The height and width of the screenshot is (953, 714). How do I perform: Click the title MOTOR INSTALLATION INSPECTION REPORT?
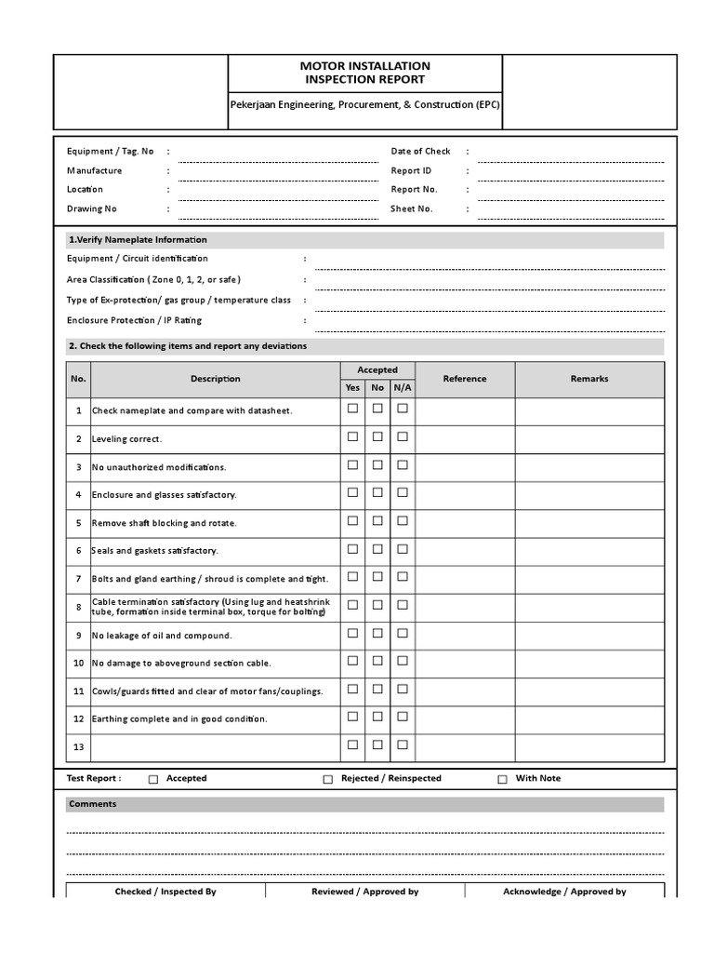coord(364,73)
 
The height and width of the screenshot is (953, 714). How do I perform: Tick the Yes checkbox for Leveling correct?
coord(352,436)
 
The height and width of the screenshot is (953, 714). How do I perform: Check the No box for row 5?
coord(377,521)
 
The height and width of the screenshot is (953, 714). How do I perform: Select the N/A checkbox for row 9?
coord(403,633)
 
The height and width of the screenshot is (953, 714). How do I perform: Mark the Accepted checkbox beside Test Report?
coord(154,780)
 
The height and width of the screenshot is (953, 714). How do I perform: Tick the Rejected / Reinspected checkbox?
coord(327,780)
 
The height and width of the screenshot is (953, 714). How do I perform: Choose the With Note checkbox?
coord(503,780)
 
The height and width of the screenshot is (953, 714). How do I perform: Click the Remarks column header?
coord(589,379)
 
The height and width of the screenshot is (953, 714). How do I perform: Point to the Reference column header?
coord(465,379)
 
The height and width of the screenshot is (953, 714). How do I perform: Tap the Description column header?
coord(216,379)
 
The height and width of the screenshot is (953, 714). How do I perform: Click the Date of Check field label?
coord(420,151)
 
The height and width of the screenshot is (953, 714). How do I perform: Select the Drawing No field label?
coord(92,209)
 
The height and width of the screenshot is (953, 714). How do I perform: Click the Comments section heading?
coord(92,804)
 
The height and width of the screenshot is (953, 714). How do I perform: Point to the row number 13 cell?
coord(79,747)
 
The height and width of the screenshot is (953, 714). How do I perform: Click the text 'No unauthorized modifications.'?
coord(159,467)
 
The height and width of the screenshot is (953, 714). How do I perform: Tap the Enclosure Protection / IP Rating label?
coord(134,320)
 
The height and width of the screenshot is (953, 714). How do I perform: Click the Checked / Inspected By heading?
coord(165,892)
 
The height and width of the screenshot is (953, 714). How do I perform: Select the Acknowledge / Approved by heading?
coord(564,892)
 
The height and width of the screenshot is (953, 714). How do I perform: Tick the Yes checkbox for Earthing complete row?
coord(352,717)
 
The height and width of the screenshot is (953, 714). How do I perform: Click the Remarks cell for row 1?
coord(589,410)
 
